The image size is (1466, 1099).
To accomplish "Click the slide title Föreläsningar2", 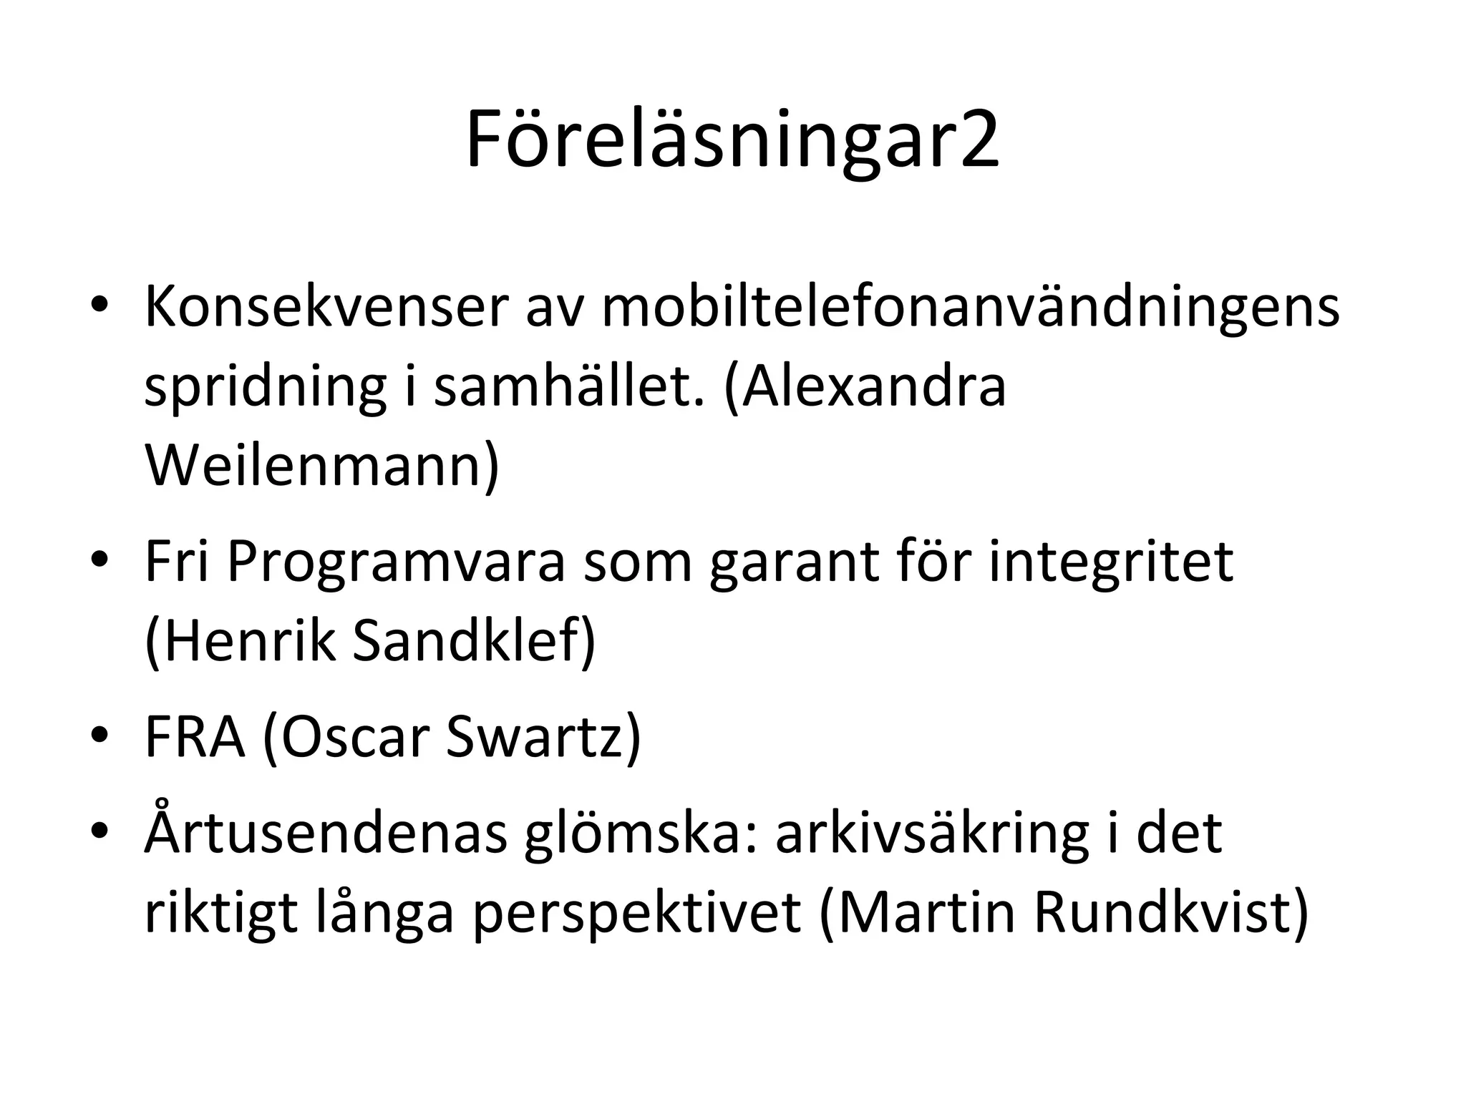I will tap(732, 140).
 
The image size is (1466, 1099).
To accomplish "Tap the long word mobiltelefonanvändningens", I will tap(970, 308).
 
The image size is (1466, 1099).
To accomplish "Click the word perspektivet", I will tap(636, 914).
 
